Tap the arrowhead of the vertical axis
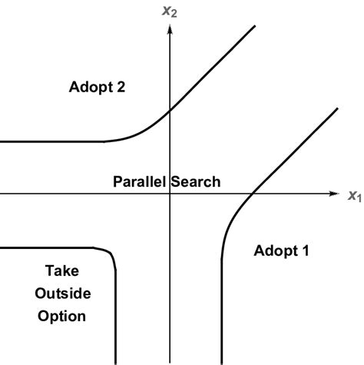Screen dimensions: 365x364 click(169, 28)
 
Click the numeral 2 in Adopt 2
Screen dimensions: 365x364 click(121, 87)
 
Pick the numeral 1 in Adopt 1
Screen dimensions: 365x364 click(306, 250)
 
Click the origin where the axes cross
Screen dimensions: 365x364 click(169, 194)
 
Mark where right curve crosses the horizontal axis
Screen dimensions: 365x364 click(252, 194)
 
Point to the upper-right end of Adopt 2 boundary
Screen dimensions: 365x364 click(255, 26)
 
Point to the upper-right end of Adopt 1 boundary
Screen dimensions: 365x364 click(336, 109)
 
